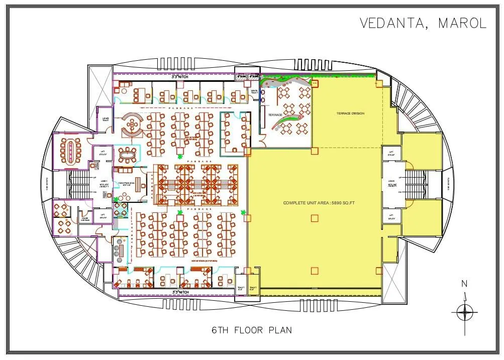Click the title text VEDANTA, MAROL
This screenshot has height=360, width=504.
coord(423,23)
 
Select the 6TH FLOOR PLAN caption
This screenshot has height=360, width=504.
coord(251,330)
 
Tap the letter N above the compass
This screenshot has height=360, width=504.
coord(464,284)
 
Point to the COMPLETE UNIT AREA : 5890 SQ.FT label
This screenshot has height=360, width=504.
coord(319,202)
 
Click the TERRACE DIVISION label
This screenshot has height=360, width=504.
coord(350,113)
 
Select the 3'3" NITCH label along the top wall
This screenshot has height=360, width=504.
coord(181,77)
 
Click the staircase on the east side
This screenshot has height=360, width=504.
coord(418,184)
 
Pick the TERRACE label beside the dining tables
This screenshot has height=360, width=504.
coord(275,115)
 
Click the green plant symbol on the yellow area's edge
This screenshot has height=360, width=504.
coord(244,212)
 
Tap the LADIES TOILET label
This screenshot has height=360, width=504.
coord(105,119)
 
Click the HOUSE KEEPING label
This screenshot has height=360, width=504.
coord(85,219)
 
